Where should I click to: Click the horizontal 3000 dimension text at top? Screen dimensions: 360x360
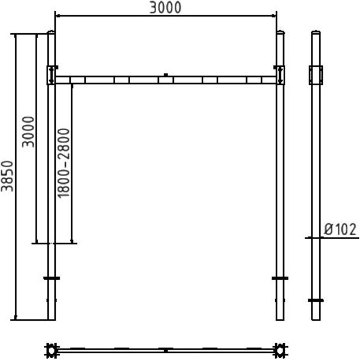[x=166, y=7]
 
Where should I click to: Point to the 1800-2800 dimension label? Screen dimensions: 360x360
[x=63, y=163]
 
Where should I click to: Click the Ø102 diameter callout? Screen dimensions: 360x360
[x=340, y=229]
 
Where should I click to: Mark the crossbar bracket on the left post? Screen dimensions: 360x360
[x=51, y=75]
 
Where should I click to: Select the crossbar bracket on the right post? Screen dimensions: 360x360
[x=280, y=75]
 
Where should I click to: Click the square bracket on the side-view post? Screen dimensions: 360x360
[x=316, y=75]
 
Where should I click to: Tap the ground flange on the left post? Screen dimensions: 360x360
[x=51, y=278]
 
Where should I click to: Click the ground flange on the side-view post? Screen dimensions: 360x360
[x=316, y=300]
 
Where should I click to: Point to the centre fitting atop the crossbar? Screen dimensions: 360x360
[x=165, y=74]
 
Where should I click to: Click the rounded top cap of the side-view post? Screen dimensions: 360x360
[x=316, y=32]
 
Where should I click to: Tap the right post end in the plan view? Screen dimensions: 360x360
[x=281, y=350]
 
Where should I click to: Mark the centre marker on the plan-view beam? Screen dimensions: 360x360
[x=165, y=350]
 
